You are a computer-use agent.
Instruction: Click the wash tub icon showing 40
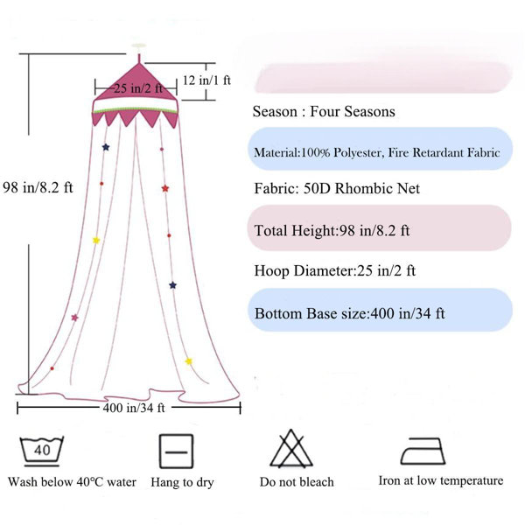41,451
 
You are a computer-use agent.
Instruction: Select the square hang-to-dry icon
176,451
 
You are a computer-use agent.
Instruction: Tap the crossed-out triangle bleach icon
291,449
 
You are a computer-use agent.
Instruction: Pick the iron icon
423,451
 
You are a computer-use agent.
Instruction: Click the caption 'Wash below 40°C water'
72,482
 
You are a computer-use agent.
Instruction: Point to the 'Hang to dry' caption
182,482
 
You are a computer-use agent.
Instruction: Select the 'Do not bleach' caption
297,482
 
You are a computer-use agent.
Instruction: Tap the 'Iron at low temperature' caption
441,480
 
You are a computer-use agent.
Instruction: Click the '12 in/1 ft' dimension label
206,80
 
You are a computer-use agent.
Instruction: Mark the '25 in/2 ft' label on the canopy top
137,88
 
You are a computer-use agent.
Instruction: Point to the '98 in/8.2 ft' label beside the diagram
38,187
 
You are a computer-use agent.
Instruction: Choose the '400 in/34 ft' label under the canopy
134,408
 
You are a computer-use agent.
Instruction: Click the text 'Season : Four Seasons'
324,111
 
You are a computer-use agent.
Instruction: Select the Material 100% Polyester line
377,152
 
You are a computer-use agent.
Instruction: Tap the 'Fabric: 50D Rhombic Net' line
337,188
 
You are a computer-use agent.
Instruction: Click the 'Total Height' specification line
332,231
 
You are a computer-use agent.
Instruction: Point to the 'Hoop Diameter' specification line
335,270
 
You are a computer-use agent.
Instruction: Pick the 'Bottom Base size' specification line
349,314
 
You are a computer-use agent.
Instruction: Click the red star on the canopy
165,188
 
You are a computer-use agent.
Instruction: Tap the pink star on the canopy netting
74,318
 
